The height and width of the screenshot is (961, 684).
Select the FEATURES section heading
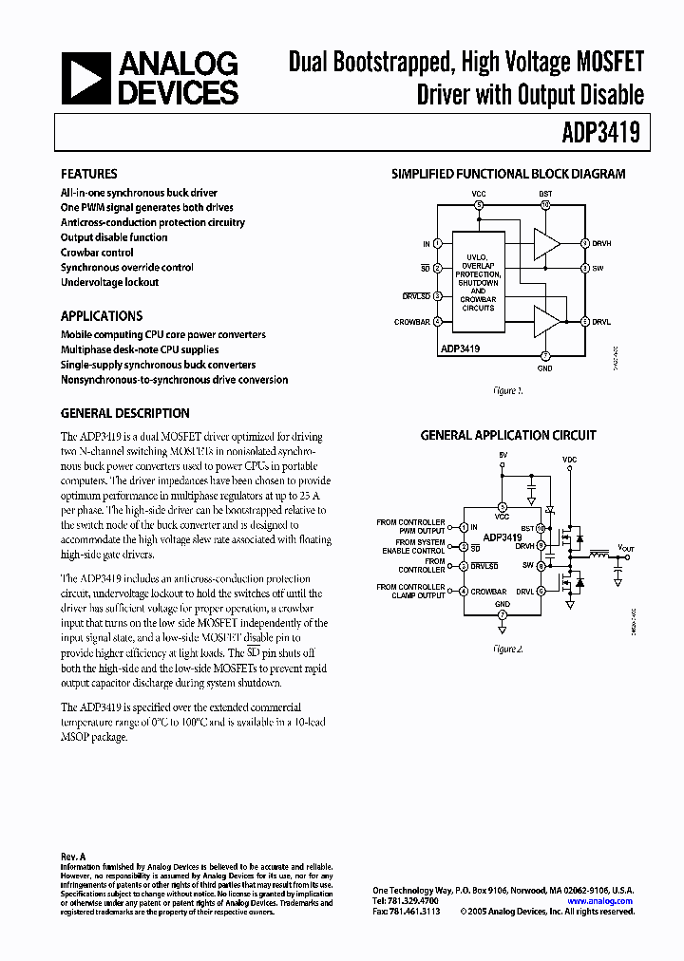click(x=89, y=175)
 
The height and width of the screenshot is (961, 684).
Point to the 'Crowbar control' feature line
click(x=97, y=253)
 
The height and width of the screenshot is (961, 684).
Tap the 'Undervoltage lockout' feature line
click(x=109, y=282)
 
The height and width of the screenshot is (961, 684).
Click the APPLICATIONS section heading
click(x=102, y=316)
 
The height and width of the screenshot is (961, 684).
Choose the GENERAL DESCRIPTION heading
click(x=125, y=414)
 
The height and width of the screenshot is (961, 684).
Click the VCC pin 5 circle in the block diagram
click(x=479, y=204)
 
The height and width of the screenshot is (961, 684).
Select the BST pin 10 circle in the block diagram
click(x=545, y=204)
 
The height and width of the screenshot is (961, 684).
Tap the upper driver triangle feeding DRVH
click(x=545, y=244)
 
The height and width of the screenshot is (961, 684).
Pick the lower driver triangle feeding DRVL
click(x=545, y=322)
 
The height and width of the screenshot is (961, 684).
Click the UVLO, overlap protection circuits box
click(x=478, y=282)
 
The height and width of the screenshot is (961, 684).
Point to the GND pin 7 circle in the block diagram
click(x=545, y=355)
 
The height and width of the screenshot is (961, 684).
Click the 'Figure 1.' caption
click(x=508, y=390)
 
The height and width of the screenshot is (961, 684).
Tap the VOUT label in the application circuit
click(x=625, y=548)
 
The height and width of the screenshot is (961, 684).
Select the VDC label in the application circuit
click(x=569, y=459)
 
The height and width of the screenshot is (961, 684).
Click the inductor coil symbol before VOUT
click(x=598, y=552)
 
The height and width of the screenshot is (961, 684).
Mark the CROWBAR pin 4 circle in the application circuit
click(x=463, y=591)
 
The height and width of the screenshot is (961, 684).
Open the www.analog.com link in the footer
click(x=606, y=900)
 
